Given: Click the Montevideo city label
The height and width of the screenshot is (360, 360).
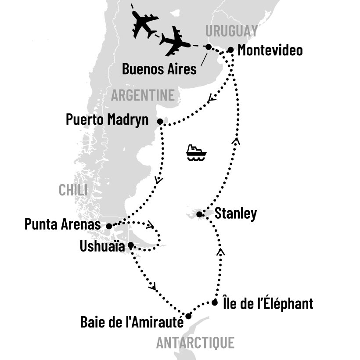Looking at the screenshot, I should click(270, 50).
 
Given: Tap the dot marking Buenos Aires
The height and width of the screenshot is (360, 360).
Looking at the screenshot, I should click(209, 47).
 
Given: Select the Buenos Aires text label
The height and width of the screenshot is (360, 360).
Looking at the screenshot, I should click(159, 68).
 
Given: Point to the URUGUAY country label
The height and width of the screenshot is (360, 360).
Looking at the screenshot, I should click(230, 31).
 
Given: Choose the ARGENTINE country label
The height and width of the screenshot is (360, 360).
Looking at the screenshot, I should click(143, 95).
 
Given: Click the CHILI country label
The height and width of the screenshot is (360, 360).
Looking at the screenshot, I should click(73, 190).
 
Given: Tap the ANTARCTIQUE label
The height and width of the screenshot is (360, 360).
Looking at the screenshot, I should click(195, 342).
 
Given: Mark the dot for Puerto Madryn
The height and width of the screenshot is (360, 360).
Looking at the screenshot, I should click(160, 121).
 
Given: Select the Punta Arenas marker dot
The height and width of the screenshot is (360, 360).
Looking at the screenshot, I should click(109, 226).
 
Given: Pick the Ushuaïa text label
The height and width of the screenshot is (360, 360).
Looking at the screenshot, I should click(101, 245).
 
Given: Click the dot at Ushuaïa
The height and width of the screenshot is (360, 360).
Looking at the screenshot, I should click(130, 245).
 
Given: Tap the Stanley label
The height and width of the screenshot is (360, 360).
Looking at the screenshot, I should click(235, 214).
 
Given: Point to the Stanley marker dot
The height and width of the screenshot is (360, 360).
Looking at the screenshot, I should click(199, 214).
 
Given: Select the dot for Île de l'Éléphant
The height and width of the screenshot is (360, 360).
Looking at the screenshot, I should click(214, 302).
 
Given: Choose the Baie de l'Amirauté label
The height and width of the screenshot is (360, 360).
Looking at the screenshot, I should click(131, 322).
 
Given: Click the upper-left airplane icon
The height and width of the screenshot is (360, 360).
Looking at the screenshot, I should click(144, 24).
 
